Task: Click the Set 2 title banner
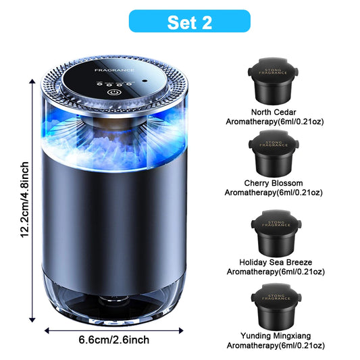[x=180, y=22]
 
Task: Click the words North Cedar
[x=274, y=111]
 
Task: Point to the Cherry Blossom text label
[x=274, y=182]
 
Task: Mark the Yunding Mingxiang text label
[x=274, y=336]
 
